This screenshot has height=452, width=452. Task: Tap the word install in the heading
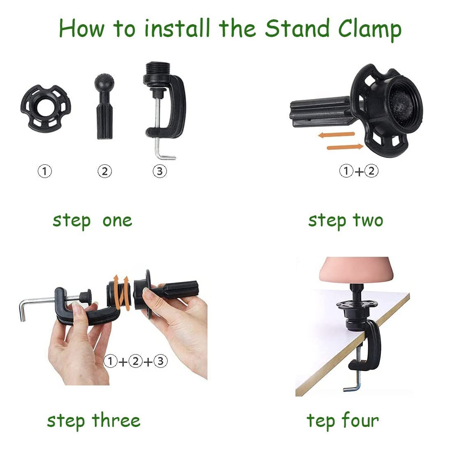[177, 28]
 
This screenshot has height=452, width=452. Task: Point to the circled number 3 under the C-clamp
[160, 171]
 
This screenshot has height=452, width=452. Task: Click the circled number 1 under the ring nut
[45, 171]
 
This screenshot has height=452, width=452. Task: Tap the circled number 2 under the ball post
[105, 171]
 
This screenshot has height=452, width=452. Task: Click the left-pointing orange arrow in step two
[336, 135]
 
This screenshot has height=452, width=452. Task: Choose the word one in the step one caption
[117, 221]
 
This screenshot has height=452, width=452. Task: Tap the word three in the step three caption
[116, 420]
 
